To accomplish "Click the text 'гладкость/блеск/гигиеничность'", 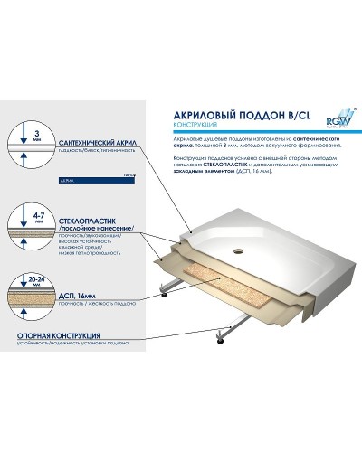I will point(91,155).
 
